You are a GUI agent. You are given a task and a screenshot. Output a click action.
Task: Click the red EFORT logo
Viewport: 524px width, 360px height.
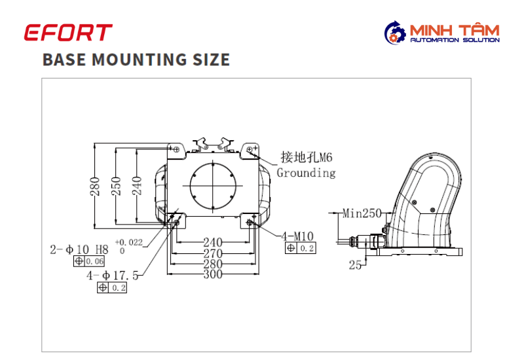click(x=68, y=32)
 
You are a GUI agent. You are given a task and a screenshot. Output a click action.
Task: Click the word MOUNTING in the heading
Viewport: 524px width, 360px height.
click(x=140, y=60)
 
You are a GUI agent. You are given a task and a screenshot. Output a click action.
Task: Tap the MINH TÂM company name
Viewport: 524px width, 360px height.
click(x=455, y=30)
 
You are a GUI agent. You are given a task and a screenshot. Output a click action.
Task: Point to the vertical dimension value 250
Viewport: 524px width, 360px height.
click(x=116, y=186)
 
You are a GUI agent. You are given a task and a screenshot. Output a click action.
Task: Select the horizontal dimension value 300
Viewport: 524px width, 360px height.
click(x=213, y=274)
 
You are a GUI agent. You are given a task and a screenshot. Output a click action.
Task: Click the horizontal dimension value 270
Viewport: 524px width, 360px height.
click(x=213, y=253)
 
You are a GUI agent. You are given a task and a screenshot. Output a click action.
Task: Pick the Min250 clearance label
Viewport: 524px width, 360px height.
click(x=362, y=213)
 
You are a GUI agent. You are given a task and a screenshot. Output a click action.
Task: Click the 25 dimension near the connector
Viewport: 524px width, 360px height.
click(x=355, y=265)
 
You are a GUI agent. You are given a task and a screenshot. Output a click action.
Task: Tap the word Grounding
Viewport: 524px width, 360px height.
click(x=306, y=173)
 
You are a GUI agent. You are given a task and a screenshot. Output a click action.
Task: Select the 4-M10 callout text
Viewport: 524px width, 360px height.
click(x=297, y=236)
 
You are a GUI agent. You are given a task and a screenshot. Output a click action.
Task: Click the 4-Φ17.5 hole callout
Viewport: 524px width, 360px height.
click(x=112, y=276)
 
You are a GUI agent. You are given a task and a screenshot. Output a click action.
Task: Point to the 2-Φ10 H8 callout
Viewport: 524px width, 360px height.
click(x=79, y=249)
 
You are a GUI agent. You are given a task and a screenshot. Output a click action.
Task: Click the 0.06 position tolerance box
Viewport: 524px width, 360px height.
click(x=89, y=261)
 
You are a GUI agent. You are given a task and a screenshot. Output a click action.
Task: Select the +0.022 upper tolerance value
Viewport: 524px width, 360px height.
click(x=128, y=242)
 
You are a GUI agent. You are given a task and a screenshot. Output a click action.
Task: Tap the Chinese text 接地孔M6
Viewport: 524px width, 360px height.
click(x=307, y=157)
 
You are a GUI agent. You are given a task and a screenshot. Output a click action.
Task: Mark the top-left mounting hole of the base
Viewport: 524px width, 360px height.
click(x=177, y=149)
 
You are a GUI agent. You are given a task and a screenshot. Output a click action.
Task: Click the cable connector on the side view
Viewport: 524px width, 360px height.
click(x=364, y=241)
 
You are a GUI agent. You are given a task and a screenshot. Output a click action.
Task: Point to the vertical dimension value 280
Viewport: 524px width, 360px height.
click(x=95, y=186)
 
